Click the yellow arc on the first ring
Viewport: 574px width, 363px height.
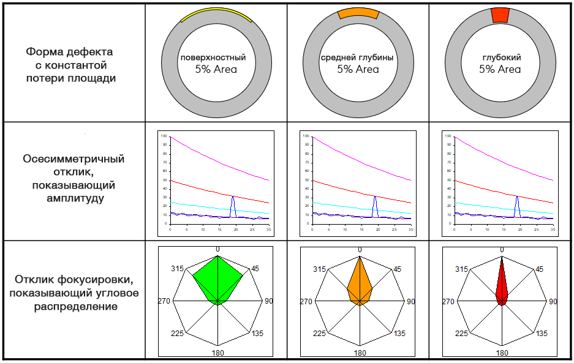point(216,14)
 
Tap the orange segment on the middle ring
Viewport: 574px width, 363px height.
point(358,13)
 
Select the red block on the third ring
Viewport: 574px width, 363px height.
point(500,15)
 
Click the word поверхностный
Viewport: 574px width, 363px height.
point(213,58)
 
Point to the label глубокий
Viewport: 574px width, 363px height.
point(501,58)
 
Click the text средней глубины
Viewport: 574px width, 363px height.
point(357,58)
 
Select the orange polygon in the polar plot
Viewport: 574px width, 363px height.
point(360,285)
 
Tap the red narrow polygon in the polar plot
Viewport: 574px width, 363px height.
point(502,285)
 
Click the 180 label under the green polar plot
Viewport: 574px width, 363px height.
point(218,352)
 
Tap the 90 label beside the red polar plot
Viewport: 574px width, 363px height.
point(553,301)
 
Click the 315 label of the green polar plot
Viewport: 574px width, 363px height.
point(178,269)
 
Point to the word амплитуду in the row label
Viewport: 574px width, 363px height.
point(74,198)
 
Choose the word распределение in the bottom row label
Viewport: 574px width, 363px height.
point(74,305)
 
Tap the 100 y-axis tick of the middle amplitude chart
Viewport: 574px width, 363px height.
point(306,135)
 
